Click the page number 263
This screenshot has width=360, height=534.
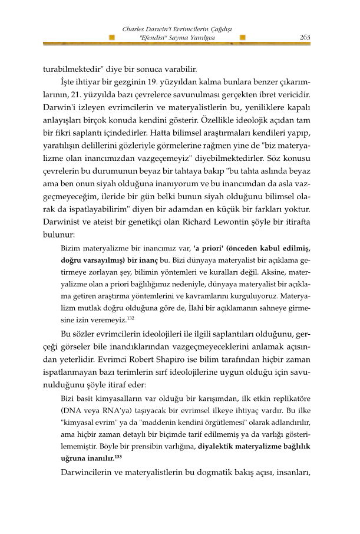(x=305, y=37)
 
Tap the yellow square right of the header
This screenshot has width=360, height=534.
(x=243, y=38)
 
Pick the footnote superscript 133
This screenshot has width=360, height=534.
(x=118, y=456)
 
